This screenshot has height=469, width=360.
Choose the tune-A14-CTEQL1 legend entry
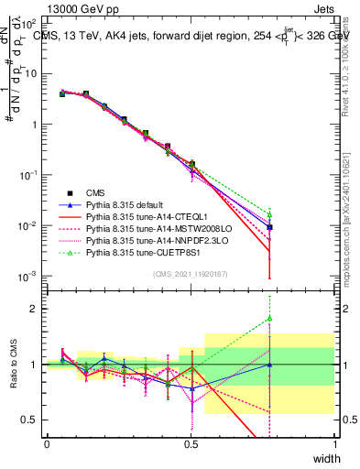point(140,217)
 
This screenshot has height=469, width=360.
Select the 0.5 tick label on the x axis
point(191,444)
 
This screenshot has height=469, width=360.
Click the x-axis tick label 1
point(334,444)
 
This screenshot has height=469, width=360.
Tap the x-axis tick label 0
point(47,444)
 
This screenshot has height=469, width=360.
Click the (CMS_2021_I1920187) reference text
point(191,274)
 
